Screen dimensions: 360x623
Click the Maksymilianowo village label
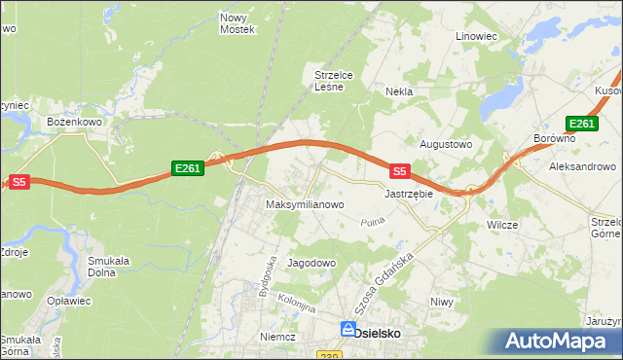coord(305,205)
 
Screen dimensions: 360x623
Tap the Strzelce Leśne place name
coord(339,79)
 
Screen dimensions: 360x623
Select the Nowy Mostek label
coord(237,23)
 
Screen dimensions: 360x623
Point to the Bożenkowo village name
coord(75,122)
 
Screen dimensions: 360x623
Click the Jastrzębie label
coord(408,194)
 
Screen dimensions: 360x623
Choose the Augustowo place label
coord(445,144)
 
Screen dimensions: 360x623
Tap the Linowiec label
coord(476,36)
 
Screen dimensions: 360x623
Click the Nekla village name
coord(399,91)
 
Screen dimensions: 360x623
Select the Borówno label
coord(555,139)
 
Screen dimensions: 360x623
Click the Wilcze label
coord(501,224)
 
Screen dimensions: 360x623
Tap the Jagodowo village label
coord(311,264)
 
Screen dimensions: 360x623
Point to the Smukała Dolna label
coord(109,266)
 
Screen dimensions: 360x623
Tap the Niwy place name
coord(442,302)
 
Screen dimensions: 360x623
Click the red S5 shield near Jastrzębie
coord(398,171)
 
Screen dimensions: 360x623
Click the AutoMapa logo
coord(559,342)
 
